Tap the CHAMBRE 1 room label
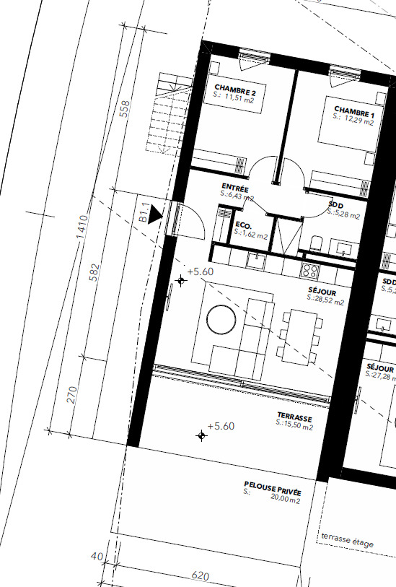(353, 112)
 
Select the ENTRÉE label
(235, 187)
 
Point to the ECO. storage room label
(243, 225)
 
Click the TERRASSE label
(294, 417)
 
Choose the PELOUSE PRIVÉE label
(273, 488)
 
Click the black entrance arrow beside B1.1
(155, 216)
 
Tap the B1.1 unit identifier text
(144, 213)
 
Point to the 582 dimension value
(94, 272)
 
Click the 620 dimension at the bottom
(201, 576)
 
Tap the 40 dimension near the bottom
(97, 556)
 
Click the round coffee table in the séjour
(221, 319)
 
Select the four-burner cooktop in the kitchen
(310, 270)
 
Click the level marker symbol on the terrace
(201, 435)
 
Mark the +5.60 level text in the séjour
(201, 271)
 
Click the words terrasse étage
(347, 541)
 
